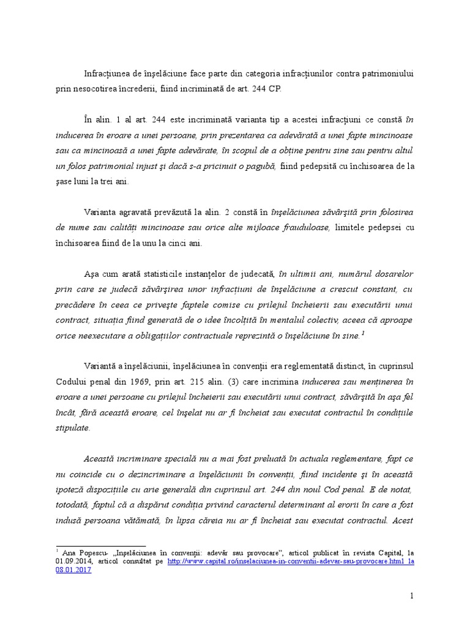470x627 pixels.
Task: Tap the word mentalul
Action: click(314, 320)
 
